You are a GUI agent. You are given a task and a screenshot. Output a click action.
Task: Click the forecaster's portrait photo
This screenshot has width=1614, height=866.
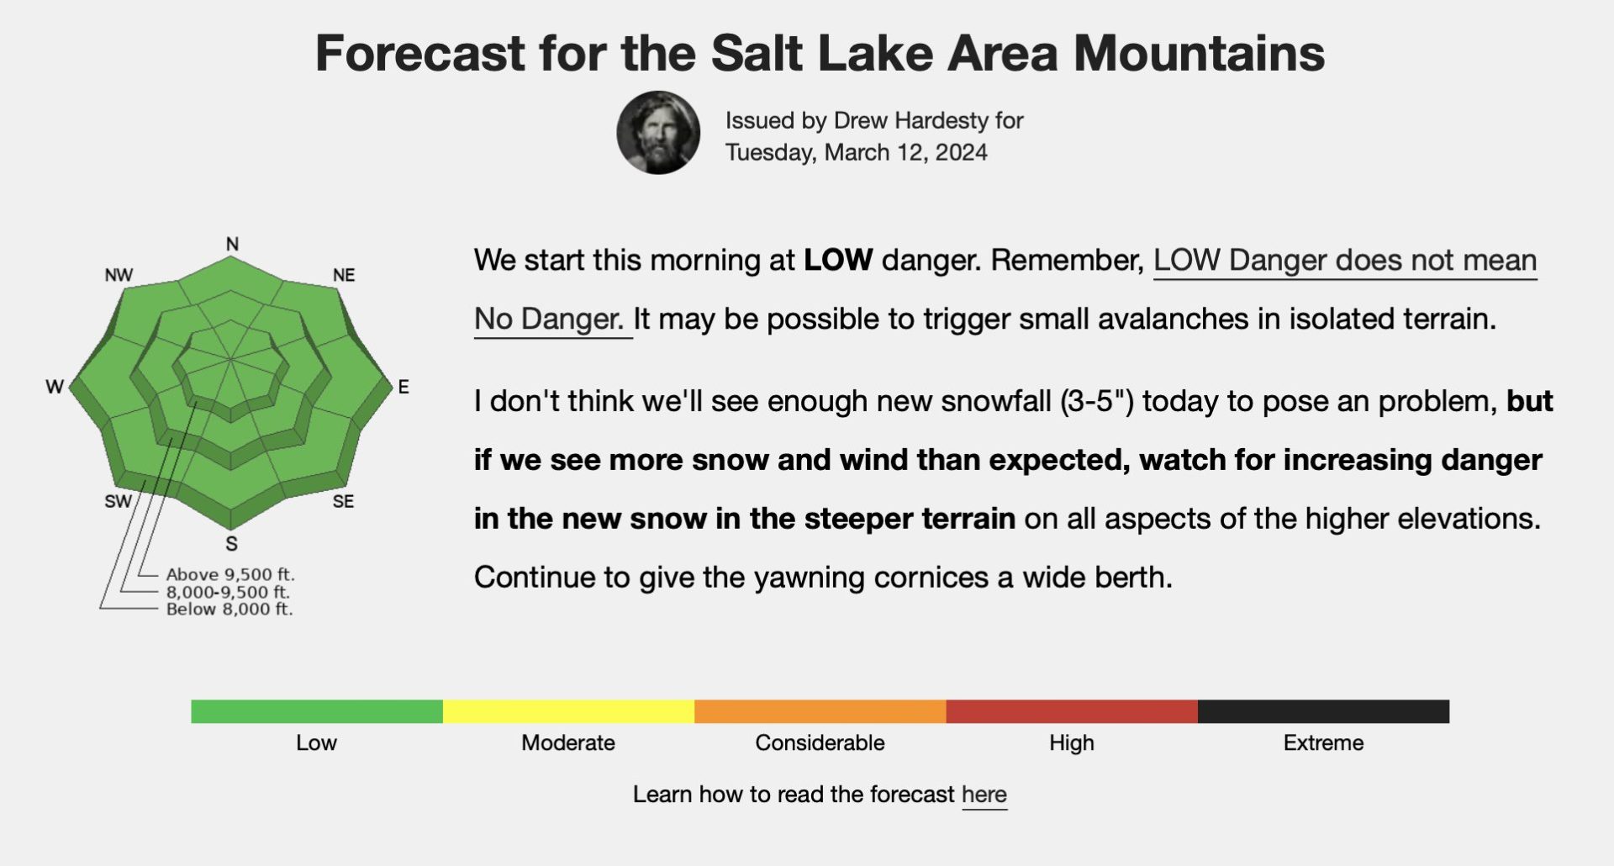[x=658, y=133]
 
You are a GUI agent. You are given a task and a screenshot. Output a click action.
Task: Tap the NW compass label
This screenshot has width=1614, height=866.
[x=119, y=275]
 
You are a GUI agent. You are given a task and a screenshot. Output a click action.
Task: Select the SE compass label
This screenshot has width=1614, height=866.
[x=343, y=501]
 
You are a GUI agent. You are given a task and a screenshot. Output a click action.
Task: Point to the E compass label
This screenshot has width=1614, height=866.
[x=403, y=387]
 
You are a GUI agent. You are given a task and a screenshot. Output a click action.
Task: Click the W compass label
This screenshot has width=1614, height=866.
[x=55, y=387]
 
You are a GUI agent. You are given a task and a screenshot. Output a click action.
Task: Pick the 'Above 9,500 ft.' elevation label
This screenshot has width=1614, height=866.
[x=230, y=574]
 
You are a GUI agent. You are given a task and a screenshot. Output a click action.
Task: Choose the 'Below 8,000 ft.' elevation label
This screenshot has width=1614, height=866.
[x=229, y=609]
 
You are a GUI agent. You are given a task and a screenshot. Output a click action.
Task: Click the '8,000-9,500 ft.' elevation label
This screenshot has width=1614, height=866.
[x=228, y=592]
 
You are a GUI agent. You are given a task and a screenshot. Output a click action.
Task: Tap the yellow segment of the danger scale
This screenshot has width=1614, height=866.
[x=568, y=711]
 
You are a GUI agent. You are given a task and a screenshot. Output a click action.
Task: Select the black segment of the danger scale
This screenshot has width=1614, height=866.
[x=1323, y=711]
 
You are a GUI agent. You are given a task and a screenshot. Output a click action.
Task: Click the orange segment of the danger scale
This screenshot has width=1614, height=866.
[x=820, y=711]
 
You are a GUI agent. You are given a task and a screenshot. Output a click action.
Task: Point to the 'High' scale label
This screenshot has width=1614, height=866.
[x=1072, y=742]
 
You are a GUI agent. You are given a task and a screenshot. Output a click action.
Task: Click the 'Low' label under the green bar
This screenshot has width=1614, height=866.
[x=316, y=742]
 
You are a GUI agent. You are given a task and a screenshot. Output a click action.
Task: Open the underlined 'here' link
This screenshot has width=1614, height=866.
[x=984, y=795]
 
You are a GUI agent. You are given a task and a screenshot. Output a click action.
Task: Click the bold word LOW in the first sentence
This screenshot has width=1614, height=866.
[x=838, y=260]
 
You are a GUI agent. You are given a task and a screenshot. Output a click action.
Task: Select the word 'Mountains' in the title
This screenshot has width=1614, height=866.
[x=1199, y=53]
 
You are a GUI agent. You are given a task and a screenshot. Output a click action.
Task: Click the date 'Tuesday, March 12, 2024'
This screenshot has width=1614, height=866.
[x=856, y=152]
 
